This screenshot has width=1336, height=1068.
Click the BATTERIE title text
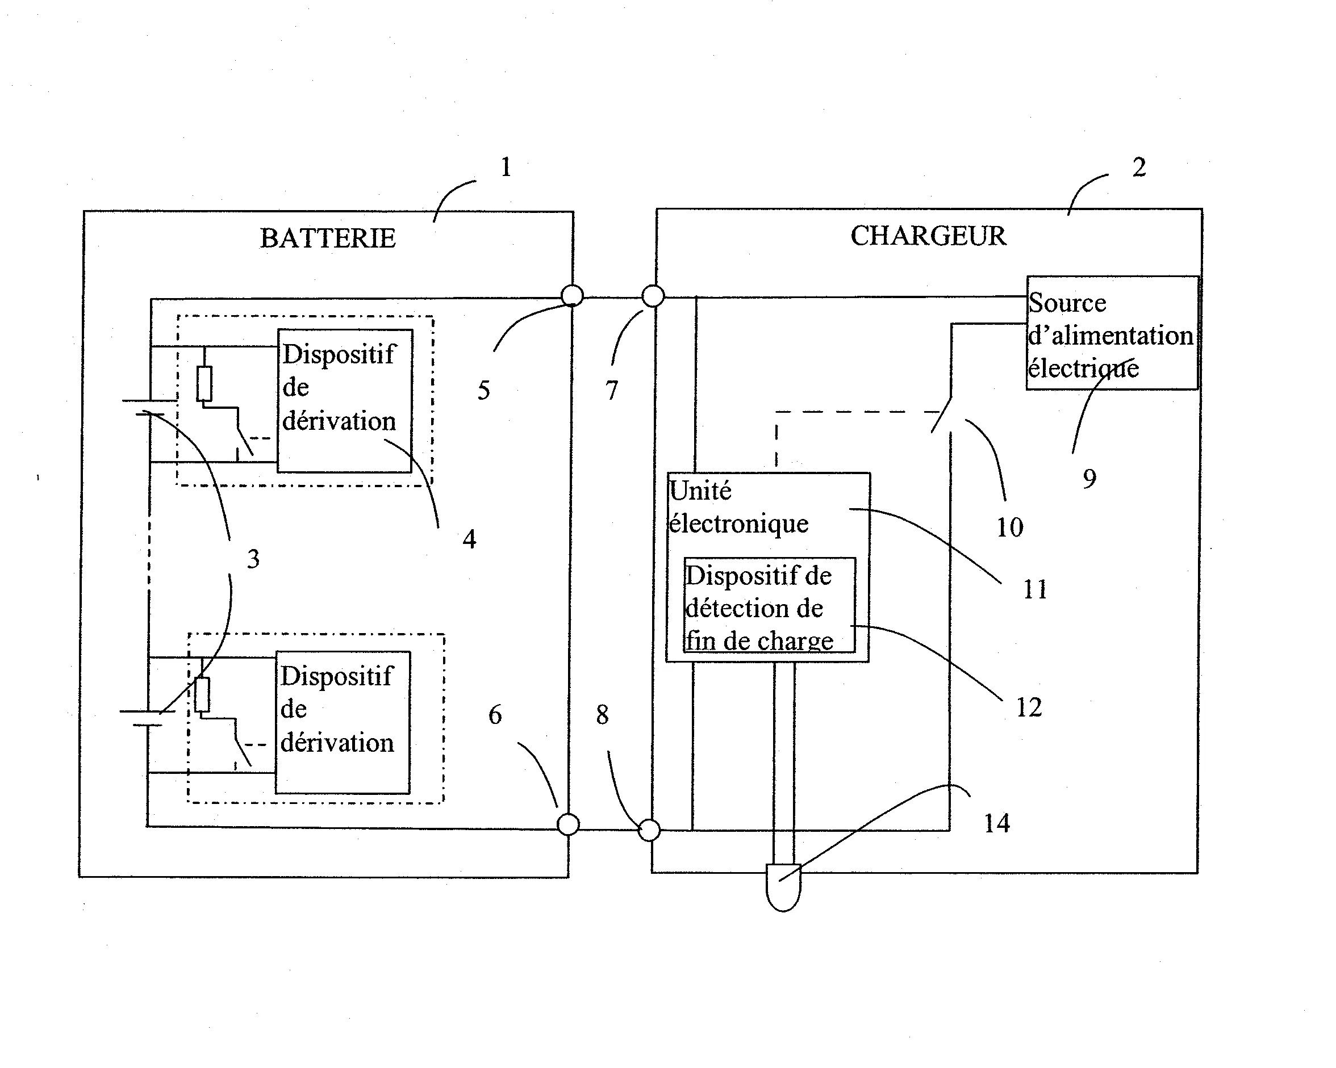[327, 238]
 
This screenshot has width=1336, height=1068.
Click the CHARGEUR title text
[928, 236]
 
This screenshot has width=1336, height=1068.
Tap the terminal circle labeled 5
[572, 295]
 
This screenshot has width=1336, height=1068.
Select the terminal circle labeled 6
[567, 824]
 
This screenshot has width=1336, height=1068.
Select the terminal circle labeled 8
[649, 830]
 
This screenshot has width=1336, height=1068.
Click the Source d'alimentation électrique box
[1112, 333]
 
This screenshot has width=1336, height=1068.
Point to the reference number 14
[996, 823]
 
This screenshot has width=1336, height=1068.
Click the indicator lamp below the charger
[783, 886]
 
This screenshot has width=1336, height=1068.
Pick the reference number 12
[1029, 707]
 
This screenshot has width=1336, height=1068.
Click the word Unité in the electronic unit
[700, 491]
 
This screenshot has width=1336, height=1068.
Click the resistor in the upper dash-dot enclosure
[204, 384]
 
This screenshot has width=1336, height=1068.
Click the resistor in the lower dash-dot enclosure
[202, 694]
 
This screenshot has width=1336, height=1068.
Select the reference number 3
[253, 559]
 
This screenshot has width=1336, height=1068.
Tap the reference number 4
[469, 539]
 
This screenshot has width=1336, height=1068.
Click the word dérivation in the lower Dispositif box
[336, 743]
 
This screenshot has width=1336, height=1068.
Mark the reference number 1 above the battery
[506, 167]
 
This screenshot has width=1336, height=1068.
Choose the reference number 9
[1089, 479]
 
